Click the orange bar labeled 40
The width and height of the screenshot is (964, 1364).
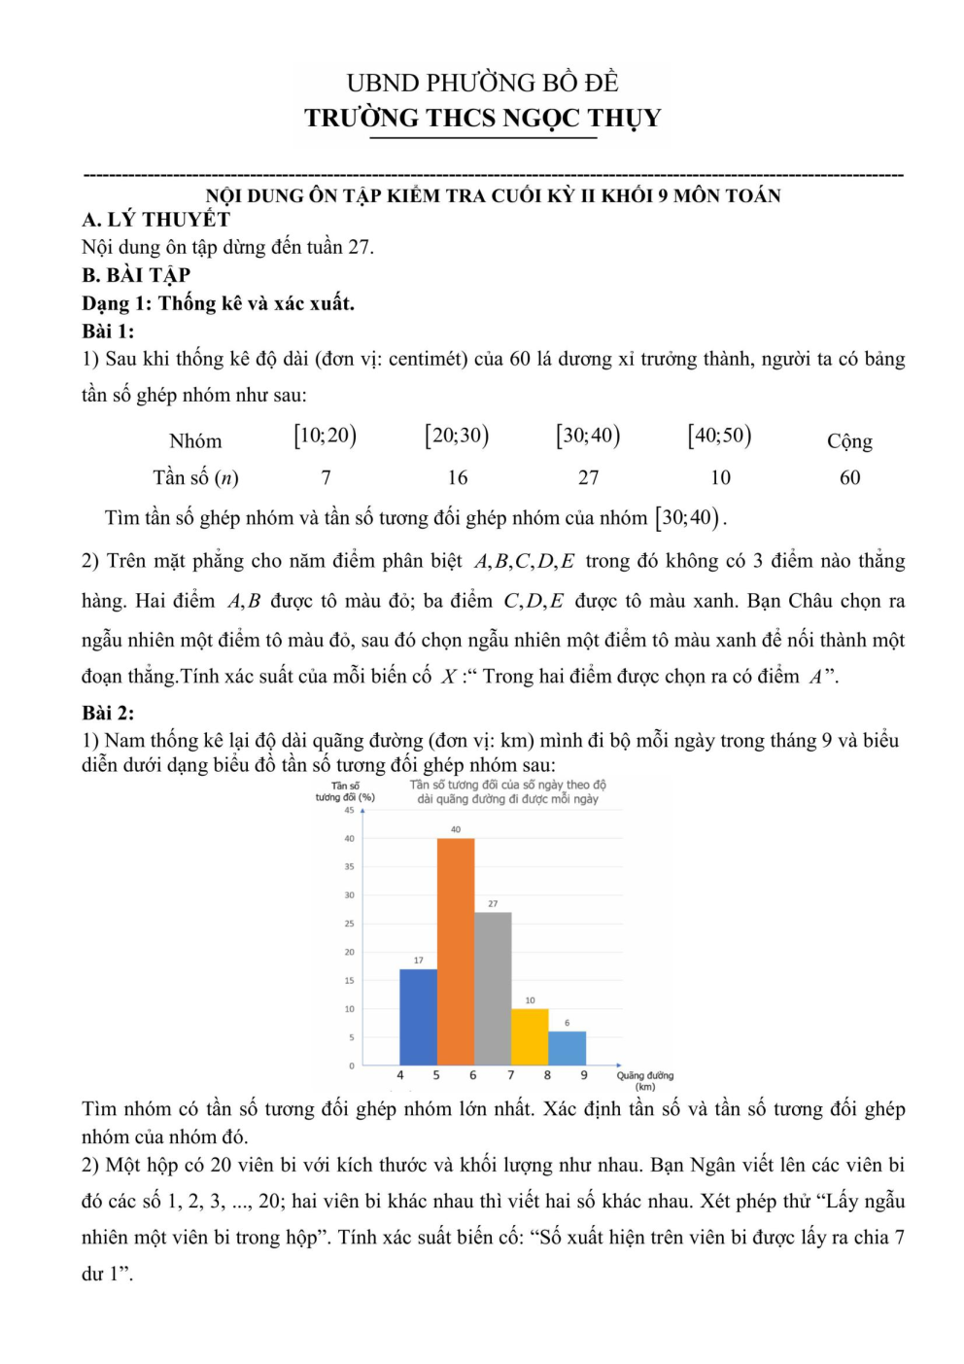(x=456, y=951)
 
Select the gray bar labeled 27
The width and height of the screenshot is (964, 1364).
(x=493, y=988)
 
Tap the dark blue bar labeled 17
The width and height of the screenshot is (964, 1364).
(x=418, y=1016)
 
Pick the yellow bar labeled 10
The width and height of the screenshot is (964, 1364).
(x=530, y=1036)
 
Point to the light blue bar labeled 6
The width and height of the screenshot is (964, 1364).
(x=567, y=1047)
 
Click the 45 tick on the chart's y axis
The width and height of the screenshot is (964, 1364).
(x=349, y=810)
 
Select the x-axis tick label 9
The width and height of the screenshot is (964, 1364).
(x=584, y=1075)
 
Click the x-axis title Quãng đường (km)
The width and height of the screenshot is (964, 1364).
(x=644, y=1080)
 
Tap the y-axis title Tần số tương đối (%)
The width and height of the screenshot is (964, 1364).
(x=345, y=791)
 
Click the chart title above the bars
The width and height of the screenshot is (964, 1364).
(x=507, y=791)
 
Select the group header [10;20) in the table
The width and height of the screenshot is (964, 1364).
(x=326, y=436)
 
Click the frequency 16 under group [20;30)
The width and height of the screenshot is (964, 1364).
(x=458, y=477)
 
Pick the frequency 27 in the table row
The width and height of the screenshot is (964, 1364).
(x=589, y=477)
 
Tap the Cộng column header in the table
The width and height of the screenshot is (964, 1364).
(x=849, y=440)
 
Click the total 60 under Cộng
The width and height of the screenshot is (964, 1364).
(x=849, y=477)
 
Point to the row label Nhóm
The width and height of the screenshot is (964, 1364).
(x=195, y=440)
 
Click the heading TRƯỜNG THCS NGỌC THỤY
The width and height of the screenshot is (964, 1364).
(x=482, y=119)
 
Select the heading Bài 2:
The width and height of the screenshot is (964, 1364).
(x=108, y=713)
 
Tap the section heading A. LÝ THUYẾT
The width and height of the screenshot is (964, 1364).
(x=156, y=220)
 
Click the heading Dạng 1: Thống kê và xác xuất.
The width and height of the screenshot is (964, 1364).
(x=218, y=303)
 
